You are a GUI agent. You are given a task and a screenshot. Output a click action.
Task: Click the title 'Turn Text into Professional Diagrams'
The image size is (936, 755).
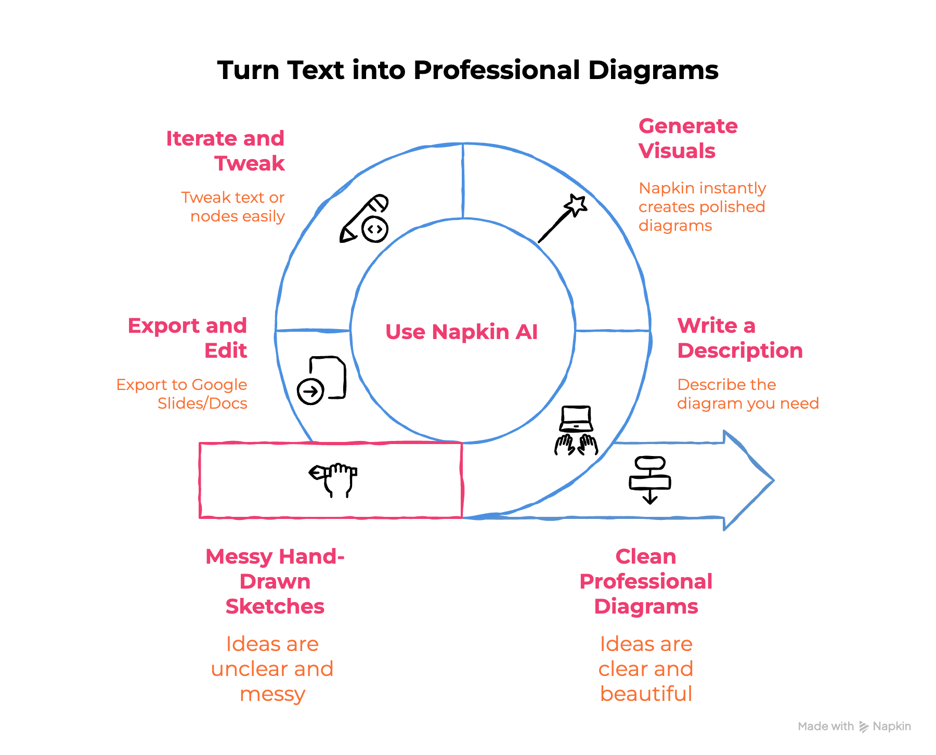(467, 70)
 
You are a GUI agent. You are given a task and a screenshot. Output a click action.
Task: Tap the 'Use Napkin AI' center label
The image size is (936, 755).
(461, 332)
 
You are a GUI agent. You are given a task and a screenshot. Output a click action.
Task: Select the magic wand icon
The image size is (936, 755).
(563, 218)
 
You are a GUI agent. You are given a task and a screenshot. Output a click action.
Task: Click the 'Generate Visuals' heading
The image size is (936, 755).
(687, 138)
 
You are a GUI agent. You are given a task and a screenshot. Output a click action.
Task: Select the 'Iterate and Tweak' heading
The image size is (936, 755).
(225, 151)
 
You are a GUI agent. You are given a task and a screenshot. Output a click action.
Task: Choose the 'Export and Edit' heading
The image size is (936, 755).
(187, 338)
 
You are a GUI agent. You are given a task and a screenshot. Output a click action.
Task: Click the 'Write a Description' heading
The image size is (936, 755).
(739, 338)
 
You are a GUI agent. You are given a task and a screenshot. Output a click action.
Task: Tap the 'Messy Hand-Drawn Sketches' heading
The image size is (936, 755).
(275, 581)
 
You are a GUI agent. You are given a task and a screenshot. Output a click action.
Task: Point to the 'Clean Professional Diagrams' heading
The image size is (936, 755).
(646, 581)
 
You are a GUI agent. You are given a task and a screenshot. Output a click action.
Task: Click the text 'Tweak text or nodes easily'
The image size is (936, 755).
(233, 207)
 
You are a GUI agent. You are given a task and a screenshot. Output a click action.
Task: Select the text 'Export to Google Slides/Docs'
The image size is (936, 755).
(182, 394)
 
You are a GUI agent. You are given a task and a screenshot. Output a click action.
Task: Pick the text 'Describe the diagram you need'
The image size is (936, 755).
(748, 394)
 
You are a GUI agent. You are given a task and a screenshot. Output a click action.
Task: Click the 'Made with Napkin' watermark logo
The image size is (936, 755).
(854, 726)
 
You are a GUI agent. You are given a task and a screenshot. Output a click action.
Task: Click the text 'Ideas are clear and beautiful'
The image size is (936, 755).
(646, 669)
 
